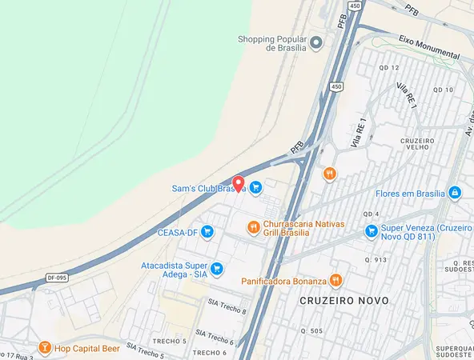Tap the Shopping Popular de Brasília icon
(x=316, y=42)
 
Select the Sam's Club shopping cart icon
(x=255, y=188)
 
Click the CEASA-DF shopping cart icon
(x=207, y=233)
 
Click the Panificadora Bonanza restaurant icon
(x=336, y=281)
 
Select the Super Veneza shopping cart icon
(x=371, y=231)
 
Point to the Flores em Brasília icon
(x=455, y=193)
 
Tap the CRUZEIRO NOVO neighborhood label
(x=344, y=301)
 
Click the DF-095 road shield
(x=56, y=278)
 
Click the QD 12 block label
(x=388, y=67)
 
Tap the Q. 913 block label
(x=376, y=259)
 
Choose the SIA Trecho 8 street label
(x=227, y=306)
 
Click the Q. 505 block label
(x=311, y=330)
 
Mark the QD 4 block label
(x=371, y=214)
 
